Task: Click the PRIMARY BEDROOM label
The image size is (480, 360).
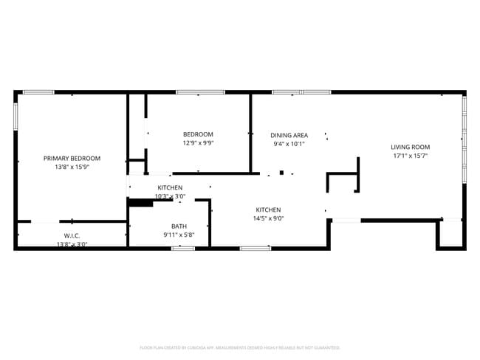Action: coord(72,158)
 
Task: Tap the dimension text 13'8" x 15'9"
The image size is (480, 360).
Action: coord(72,167)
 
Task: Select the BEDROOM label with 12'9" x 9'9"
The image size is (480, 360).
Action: coord(198,134)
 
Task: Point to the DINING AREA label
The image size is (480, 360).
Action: coord(289,135)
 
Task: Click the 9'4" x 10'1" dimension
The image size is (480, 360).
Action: coord(289,145)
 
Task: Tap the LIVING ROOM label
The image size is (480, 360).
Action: coord(410,147)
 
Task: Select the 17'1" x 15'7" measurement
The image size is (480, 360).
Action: coord(410,156)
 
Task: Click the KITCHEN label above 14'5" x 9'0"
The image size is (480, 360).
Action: coord(269,209)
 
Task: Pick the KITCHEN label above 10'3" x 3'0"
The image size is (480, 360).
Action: coord(170,187)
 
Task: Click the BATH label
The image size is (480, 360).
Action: coord(179,226)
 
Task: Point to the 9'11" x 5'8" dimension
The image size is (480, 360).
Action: coord(179,235)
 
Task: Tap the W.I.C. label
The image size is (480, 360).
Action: coord(72,235)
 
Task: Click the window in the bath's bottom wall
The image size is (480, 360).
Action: coord(182,249)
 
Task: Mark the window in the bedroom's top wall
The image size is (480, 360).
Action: coord(200,92)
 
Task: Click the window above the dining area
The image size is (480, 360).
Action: coord(301,92)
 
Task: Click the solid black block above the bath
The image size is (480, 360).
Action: coord(140,202)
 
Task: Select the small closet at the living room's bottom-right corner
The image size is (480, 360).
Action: coord(450,234)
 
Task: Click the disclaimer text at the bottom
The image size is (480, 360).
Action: coord(239,347)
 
